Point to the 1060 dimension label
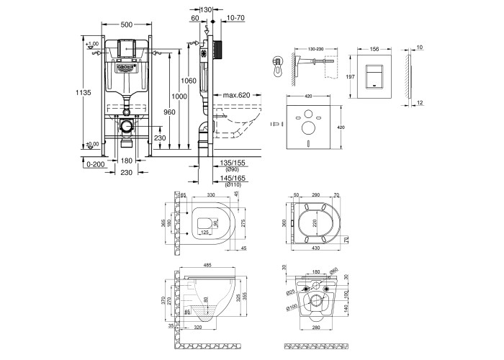pos(188,80)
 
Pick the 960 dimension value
pos(169,112)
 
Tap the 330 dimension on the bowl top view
pos(212,194)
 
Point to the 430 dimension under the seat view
pos(316,250)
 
